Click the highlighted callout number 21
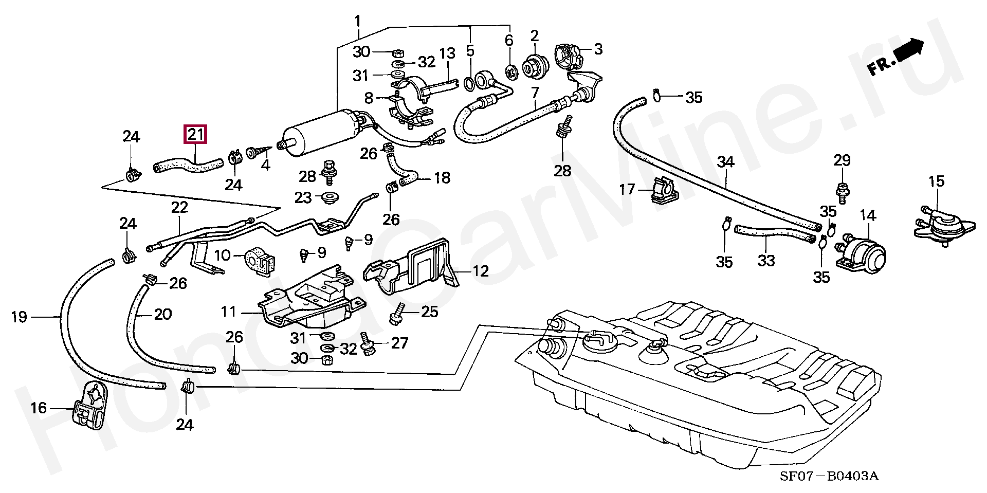[x=196, y=135]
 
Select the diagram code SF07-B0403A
[x=829, y=476]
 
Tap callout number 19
[x=19, y=317]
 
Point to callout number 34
[x=726, y=162]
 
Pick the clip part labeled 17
[x=663, y=191]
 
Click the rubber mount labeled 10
[x=260, y=260]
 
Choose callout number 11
[x=229, y=312]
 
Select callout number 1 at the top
[x=358, y=22]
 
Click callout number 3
[x=597, y=49]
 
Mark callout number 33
[x=766, y=261]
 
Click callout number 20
[x=163, y=314]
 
